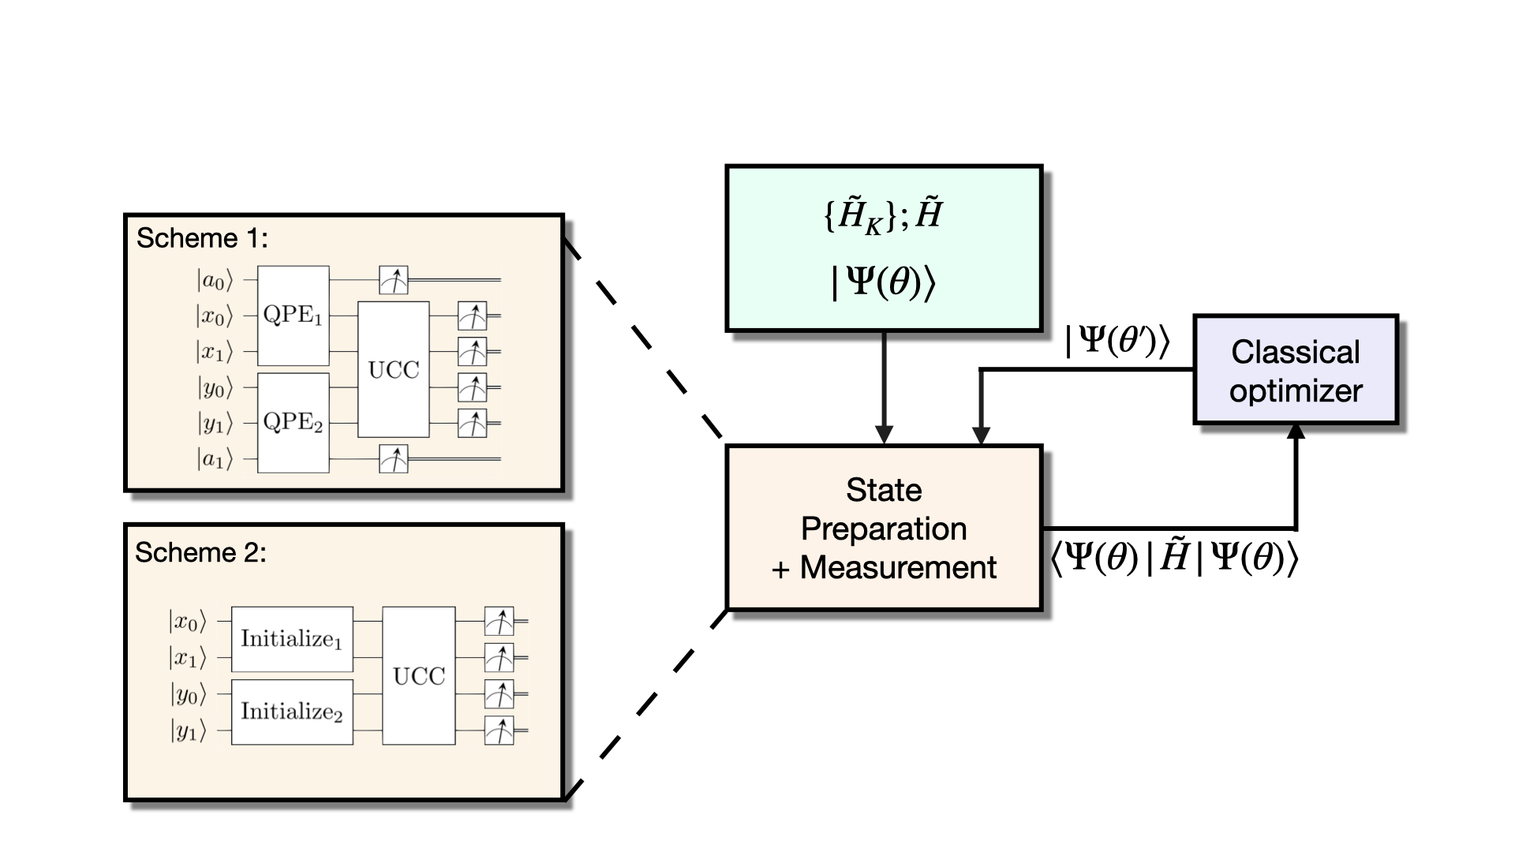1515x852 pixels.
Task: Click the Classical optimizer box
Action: click(x=1296, y=371)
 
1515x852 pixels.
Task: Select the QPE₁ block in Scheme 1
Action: click(x=293, y=316)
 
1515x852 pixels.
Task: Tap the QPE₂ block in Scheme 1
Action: click(x=293, y=423)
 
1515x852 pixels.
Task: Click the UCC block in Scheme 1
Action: click(x=393, y=369)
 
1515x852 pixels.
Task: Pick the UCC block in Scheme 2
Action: click(x=418, y=676)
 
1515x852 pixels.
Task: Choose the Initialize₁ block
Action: click(x=291, y=639)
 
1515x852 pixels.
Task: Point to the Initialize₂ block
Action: click(x=291, y=712)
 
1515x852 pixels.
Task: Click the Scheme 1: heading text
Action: click(x=202, y=238)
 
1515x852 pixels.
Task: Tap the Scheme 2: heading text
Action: click(x=200, y=552)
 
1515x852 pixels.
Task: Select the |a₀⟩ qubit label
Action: click(x=215, y=280)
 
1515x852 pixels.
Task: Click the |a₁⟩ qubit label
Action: click(x=215, y=459)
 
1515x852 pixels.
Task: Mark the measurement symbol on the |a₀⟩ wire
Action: click(x=393, y=279)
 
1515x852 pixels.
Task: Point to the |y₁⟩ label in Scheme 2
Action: click(x=188, y=731)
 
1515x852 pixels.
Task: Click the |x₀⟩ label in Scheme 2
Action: click(x=187, y=622)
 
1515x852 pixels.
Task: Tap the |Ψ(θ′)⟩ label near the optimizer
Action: click(x=1117, y=341)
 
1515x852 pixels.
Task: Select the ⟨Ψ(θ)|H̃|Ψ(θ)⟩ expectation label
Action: click(x=1174, y=559)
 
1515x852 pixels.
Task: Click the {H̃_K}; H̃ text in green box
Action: click(x=884, y=215)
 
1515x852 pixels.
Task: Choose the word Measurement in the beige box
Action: click(x=898, y=568)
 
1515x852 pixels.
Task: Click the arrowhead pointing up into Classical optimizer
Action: click(x=1296, y=432)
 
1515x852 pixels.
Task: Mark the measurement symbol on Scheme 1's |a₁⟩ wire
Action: click(x=393, y=458)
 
